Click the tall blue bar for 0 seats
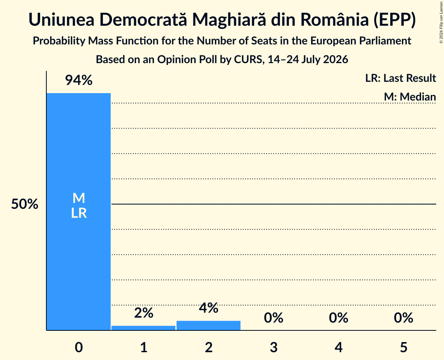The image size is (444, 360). point(79,212)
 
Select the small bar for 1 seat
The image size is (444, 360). point(143,328)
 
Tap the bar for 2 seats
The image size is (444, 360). point(209,325)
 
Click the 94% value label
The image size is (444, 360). point(79,80)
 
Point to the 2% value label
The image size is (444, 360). point(143,313)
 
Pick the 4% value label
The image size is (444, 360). point(209,308)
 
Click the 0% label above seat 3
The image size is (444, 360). point(274,318)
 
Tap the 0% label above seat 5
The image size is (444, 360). point(403,318)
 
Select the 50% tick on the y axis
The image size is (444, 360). point(25,204)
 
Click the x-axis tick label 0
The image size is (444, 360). point(79,347)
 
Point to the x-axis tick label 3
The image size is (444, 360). point(274,347)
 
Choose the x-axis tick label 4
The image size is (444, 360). point(339,347)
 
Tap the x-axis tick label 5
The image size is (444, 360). point(403,347)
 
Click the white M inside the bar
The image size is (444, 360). point(79,198)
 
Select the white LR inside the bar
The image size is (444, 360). point(79,213)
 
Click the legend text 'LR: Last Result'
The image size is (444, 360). point(400,78)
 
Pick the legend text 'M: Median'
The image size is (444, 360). point(410,97)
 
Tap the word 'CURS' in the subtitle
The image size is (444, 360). point(248,60)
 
